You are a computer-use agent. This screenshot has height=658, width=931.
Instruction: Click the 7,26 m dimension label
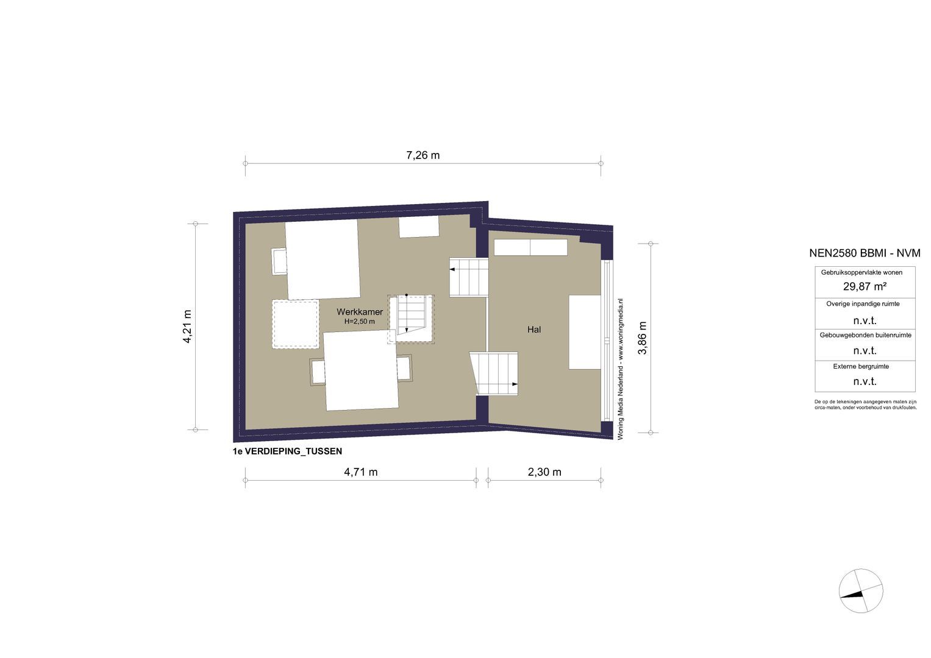tap(423, 155)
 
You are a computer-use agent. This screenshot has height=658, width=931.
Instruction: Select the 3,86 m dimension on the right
tap(642, 338)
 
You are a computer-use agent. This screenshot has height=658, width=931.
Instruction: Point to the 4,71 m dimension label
tap(360, 472)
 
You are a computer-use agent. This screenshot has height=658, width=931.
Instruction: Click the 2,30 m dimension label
tap(544, 472)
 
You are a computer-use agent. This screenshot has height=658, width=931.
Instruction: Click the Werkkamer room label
tap(360, 312)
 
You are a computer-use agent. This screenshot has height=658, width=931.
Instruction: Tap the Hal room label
tap(534, 330)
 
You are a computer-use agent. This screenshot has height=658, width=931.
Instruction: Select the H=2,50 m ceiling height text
tap(360, 321)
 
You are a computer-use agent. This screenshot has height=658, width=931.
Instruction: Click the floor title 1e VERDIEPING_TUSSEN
tap(287, 451)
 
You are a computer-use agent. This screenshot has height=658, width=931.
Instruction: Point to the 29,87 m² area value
tap(865, 286)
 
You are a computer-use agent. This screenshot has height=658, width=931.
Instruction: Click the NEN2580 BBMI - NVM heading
tap(864, 253)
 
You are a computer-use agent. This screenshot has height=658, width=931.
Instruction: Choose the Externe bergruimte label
tap(860, 367)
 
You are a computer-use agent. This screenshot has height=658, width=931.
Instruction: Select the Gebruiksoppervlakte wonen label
tap(861, 272)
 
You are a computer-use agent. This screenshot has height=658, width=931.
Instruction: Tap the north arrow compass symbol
tap(861, 591)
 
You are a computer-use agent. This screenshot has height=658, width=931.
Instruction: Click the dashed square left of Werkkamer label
tap(296, 324)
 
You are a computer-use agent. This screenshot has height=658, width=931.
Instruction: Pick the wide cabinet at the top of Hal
tap(530, 247)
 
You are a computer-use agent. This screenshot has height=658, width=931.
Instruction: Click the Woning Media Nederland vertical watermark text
tap(621, 369)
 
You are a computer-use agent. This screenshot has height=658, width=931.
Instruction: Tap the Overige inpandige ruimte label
tap(863, 303)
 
